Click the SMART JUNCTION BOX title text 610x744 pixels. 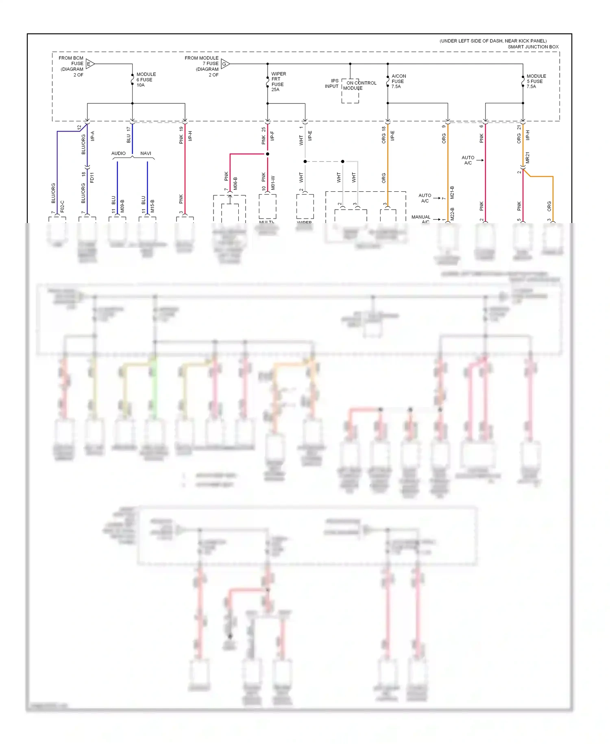pos(533,47)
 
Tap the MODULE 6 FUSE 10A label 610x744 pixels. pos(146,80)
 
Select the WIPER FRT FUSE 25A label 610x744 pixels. pos(278,82)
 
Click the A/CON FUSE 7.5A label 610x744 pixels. pos(398,81)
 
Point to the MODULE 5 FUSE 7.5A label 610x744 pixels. pos(536,81)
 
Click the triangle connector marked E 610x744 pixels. pos(90,64)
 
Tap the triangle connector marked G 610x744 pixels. pos(225,64)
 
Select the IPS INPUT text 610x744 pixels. pos(332,83)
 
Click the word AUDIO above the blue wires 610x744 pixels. pos(118,153)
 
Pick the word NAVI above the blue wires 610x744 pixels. pos(146,153)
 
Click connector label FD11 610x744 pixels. pos(92,177)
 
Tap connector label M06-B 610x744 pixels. pos(235,184)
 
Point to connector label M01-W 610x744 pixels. pos(273,183)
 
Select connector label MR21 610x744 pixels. pos(527,158)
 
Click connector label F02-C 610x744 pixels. pos(62,206)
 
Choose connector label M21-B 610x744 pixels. pos(452,193)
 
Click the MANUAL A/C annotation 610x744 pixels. pos(421,219)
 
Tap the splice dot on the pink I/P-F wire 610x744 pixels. pos(268,154)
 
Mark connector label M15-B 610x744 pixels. pos(152,206)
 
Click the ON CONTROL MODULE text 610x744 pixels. pos(360,85)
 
